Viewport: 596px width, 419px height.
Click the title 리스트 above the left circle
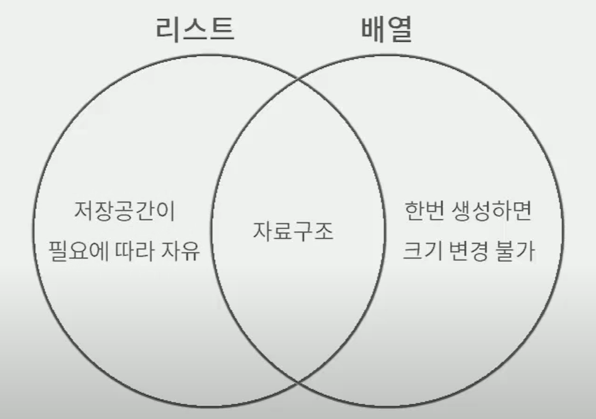(x=194, y=28)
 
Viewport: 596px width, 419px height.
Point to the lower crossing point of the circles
(x=299, y=382)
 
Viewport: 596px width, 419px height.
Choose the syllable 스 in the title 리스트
(x=194, y=28)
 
